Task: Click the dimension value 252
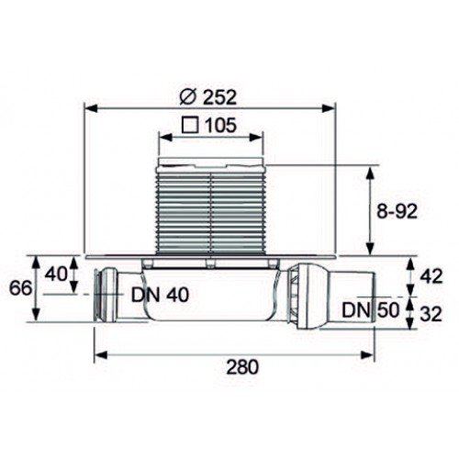(x=220, y=97)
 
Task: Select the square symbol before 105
(x=190, y=125)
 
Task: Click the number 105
(x=220, y=125)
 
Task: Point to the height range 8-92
(x=397, y=211)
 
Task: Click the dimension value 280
(x=242, y=366)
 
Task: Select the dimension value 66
(x=20, y=288)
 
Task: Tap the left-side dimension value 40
(x=56, y=274)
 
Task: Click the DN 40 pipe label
(x=160, y=295)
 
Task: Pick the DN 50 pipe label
(x=371, y=310)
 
